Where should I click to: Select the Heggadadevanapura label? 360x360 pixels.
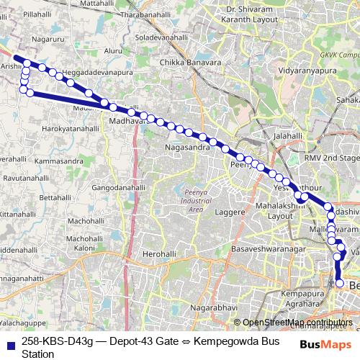click(94, 73)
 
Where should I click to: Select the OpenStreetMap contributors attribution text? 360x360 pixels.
click(297, 322)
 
